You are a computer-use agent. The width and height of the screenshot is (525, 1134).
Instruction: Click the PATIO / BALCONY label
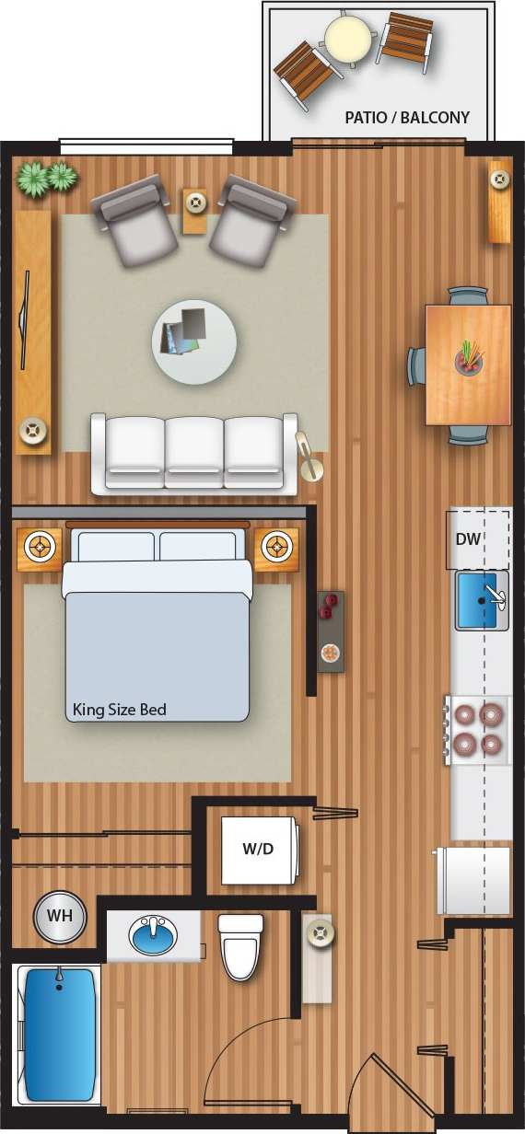[x=407, y=118]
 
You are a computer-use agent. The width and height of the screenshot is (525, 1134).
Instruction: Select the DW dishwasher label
[x=468, y=539]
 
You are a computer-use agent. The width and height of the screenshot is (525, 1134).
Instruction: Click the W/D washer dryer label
[x=258, y=849]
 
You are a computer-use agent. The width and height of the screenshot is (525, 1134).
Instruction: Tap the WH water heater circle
[x=60, y=917]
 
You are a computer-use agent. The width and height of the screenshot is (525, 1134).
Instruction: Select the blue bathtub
[x=59, y=1034]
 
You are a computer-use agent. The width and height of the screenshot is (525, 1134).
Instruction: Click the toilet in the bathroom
[x=240, y=947]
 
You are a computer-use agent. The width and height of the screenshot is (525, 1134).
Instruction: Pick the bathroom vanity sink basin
[x=153, y=936]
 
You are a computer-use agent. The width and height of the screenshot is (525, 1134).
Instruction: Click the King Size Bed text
[x=120, y=710]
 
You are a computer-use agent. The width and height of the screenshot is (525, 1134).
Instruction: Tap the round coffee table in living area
[x=194, y=341]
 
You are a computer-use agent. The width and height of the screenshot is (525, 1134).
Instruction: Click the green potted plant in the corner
[x=47, y=178]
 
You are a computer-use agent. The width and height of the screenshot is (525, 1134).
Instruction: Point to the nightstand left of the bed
[x=40, y=549]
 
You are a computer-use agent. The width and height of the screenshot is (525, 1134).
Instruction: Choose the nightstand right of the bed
[x=276, y=549]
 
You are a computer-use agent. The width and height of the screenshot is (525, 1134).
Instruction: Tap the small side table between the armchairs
[x=195, y=211]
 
